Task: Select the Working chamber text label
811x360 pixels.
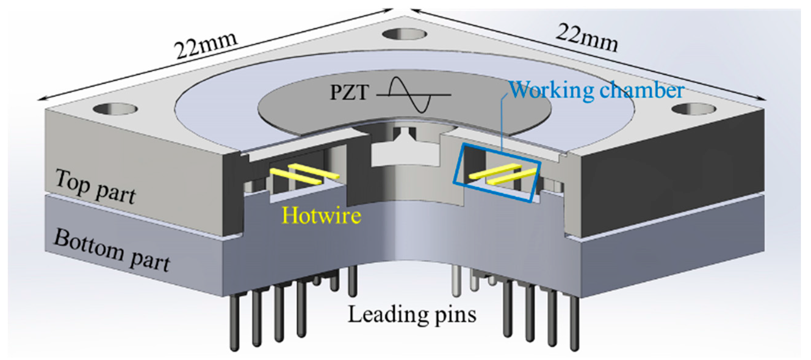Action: (x=597, y=90)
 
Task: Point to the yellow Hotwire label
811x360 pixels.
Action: (x=321, y=216)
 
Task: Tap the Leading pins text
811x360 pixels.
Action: (x=412, y=314)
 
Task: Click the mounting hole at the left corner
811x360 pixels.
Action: (x=115, y=109)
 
